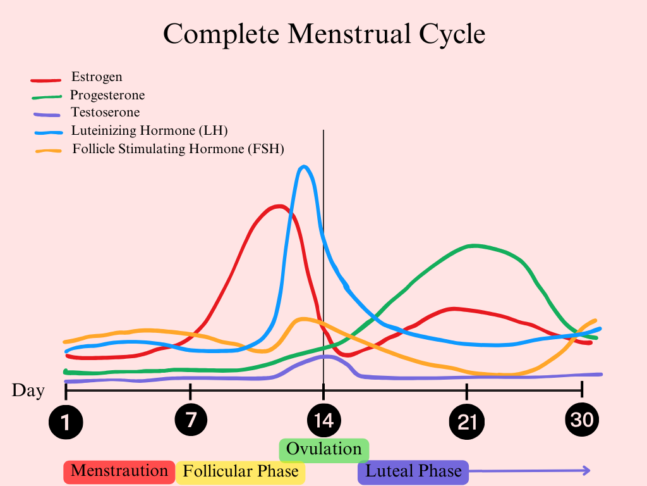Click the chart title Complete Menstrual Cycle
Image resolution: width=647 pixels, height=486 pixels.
point(323,34)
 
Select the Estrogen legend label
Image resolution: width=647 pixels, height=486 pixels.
point(97,77)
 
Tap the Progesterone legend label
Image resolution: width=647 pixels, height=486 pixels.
point(107,95)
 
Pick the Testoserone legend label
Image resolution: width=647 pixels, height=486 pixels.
point(105,112)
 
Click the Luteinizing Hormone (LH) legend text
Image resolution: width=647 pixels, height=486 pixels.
point(149,130)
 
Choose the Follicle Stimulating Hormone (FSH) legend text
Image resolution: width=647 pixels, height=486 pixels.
point(178,149)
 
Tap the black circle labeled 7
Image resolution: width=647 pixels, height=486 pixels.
point(190,419)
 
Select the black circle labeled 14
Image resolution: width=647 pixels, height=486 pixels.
point(323,420)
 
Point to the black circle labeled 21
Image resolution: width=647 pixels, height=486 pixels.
point(466,421)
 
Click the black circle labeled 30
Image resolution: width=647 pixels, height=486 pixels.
point(582,419)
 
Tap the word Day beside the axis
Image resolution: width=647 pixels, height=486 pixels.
point(28,390)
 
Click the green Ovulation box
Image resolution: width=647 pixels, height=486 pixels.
point(323,449)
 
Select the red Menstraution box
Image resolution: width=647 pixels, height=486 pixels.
point(119,471)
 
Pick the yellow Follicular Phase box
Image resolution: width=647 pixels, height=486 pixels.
point(241,472)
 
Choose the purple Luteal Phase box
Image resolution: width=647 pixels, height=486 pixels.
point(413,471)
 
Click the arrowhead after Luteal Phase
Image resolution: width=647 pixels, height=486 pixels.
point(586,470)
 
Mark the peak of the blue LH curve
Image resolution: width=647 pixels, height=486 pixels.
point(305,166)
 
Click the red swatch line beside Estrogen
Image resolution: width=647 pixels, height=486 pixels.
point(46,80)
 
